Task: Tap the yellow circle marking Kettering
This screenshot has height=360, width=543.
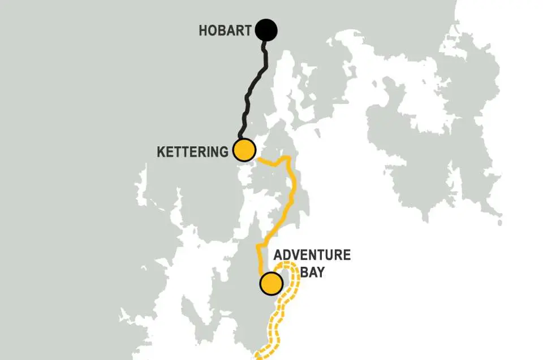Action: point(245,150)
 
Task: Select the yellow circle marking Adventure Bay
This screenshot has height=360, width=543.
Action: point(271,283)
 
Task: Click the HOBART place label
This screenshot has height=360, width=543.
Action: point(225,31)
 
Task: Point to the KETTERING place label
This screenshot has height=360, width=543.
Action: point(192,151)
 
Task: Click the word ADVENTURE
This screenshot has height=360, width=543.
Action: point(312,255)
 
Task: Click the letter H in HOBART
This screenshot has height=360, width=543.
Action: point(203,31)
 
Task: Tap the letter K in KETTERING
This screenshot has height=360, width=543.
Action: point(161,151)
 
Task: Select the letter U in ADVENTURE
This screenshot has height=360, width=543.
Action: point(335,255)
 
